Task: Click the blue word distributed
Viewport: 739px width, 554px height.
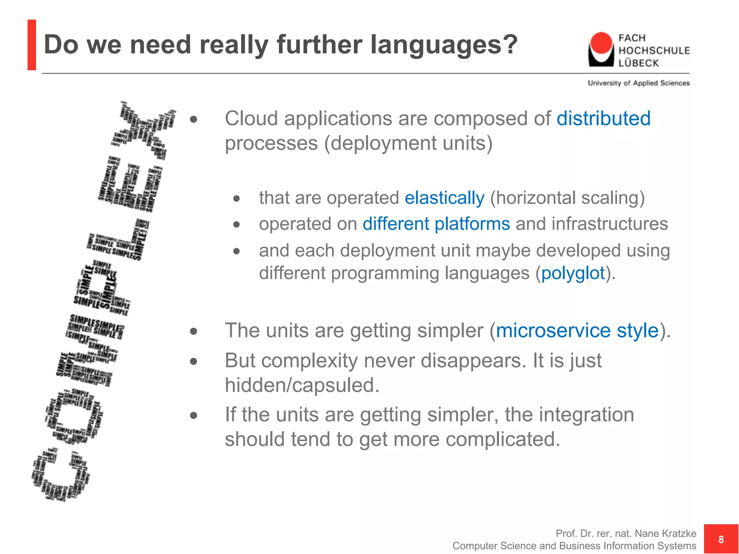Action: (x=603, y=119)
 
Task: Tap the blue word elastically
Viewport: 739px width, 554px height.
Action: (x=444, y=198)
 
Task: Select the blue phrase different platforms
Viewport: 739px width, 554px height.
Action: (x=436, y=224)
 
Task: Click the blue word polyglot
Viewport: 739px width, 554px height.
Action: (x=573, y=273)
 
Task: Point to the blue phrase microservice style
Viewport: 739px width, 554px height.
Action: (x=577, y=330)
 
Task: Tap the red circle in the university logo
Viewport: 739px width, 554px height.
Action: (x=601, y=43)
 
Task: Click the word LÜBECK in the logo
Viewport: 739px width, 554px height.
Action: (x=638, y=63)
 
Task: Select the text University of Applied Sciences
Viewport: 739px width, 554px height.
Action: (x=638, y=83)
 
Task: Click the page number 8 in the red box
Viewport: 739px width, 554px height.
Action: (x=721, y=539)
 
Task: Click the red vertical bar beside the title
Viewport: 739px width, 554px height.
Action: (x=32, y=45)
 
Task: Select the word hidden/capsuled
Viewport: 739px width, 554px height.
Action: (x=302, y=385)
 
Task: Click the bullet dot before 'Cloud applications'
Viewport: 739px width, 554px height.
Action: (x=194, y=119)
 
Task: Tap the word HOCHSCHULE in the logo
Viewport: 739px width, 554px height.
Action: (x=654, y=50)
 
